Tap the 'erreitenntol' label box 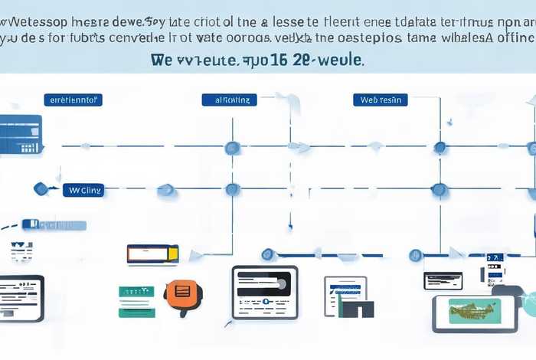point(76,100)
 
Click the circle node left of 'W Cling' point(41,188)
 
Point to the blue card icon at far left point(21,135)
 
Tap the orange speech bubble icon point(181,292)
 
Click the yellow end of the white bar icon point(174,252)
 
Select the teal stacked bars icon point(136,301)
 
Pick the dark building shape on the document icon point(357,308)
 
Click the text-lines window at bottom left point(21,298)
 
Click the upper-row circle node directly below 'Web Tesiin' point(440,147)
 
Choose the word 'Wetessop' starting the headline point(35,17)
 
